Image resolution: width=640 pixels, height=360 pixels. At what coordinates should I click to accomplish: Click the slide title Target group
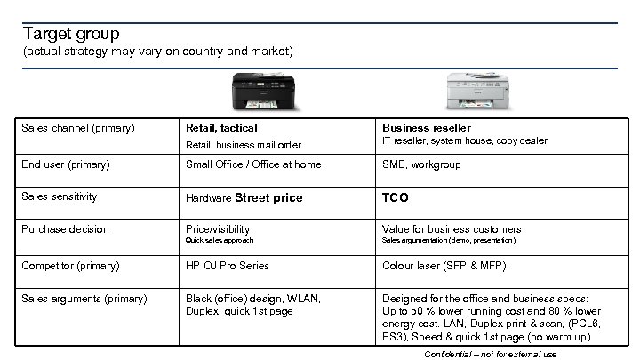71,34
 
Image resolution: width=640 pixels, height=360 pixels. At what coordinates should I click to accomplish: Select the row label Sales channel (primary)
77,128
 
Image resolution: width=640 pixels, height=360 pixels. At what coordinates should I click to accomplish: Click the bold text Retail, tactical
221,128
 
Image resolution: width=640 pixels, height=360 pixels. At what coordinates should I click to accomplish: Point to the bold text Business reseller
427,128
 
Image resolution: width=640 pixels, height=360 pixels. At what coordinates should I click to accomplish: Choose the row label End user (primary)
66,164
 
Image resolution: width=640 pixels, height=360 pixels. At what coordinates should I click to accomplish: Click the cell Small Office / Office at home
253,164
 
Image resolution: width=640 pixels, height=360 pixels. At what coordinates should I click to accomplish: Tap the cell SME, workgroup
422,164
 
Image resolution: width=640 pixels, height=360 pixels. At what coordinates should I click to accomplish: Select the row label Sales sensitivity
59,196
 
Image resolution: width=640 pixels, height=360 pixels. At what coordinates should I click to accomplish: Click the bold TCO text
395,197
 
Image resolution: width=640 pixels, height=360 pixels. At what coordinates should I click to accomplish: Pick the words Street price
269,197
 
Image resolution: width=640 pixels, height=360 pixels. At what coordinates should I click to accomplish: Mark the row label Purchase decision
64,229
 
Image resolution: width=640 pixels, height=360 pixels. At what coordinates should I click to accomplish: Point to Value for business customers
452,229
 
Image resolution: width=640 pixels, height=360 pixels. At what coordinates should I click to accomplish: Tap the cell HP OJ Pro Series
227,266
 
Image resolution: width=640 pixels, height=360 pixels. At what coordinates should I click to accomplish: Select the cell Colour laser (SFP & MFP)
444,266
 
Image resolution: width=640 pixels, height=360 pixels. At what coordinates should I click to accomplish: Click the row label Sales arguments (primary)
84,299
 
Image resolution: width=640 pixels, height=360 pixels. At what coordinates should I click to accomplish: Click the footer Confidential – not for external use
491,354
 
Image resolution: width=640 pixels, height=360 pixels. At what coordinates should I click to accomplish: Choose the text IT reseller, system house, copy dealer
465,141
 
